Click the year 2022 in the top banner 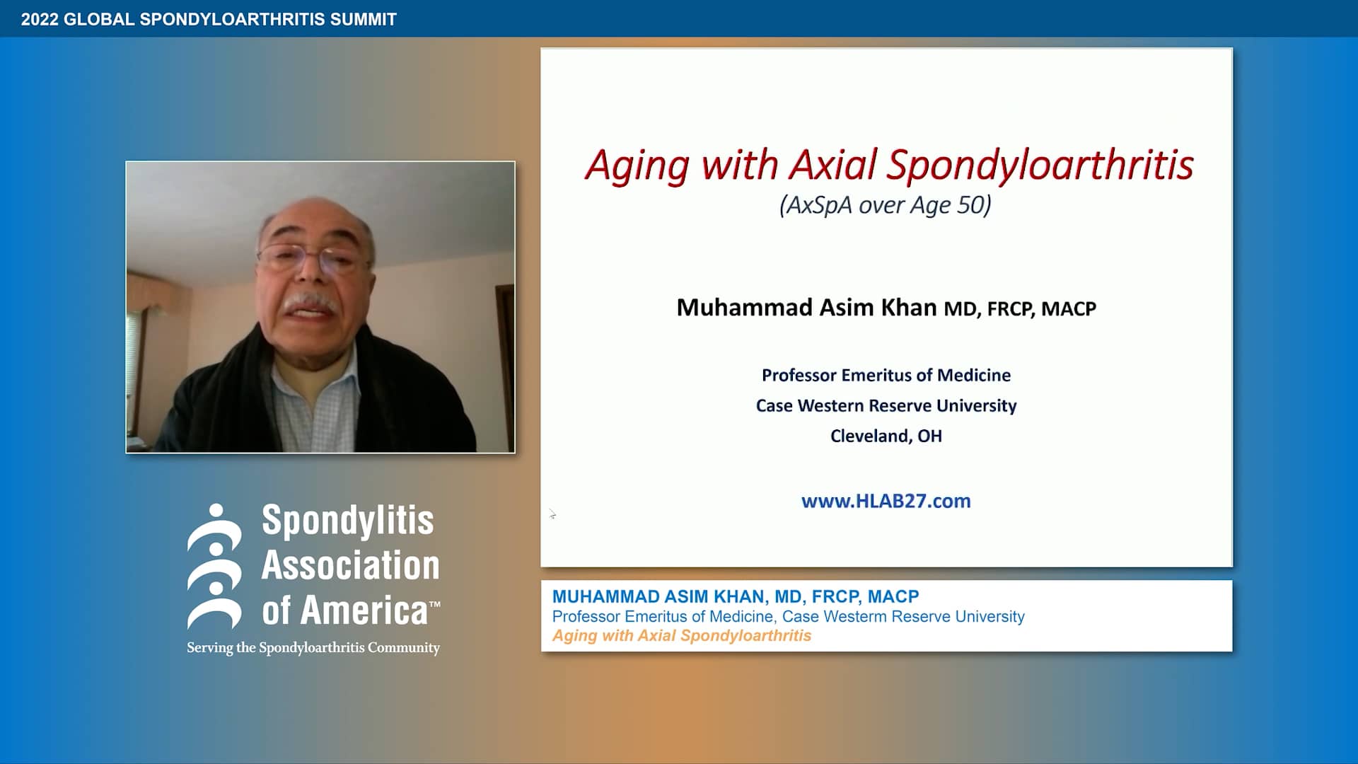(40, 19)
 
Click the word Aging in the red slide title (637, 166)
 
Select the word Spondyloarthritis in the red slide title (1040, 166)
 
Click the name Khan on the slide (909, 308)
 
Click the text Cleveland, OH (886, 436)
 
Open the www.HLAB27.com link (886, 501)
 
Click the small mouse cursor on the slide (552, 514)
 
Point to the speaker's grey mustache (310, 303)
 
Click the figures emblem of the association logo (214, 566)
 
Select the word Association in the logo (350, 565)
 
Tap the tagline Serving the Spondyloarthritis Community (313, 647)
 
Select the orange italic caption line (681, 635)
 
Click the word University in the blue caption (989, 616)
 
